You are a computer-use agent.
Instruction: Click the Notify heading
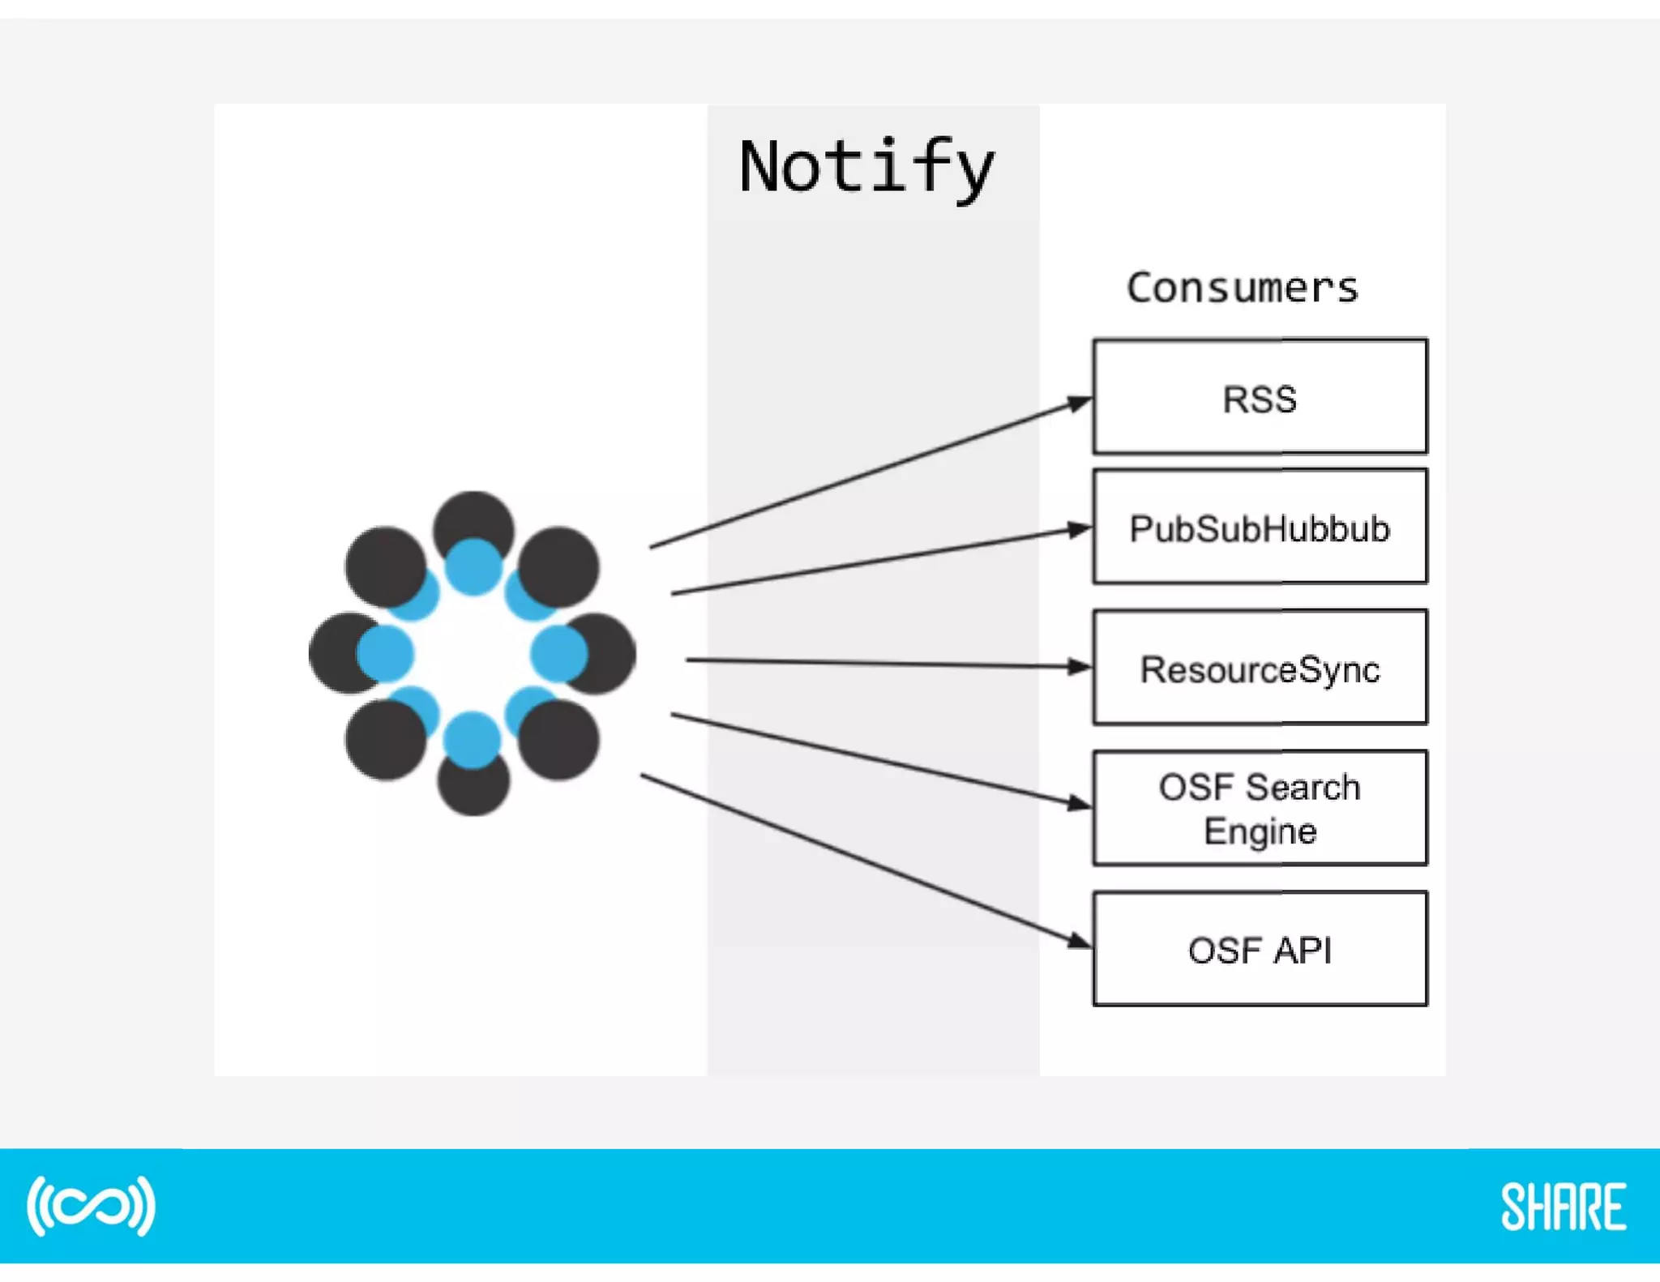coord(866,168)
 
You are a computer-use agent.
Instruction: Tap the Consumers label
coord(1242,288)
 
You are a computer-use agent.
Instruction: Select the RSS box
coord(1260,397)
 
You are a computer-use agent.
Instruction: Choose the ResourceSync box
coord(1260,668)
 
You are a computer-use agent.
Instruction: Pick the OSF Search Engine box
coord(1260,808)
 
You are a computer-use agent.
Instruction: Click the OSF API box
coord(1260,949)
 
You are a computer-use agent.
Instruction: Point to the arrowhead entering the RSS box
coord(1080,403)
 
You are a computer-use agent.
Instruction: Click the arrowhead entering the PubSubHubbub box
coord(1080,530)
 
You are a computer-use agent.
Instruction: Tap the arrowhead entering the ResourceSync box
coord(1080,667)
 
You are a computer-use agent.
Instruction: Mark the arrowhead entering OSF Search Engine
coord(1080,803)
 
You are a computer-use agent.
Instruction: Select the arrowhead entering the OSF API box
coord(1080,940)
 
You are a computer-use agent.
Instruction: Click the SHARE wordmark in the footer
coord(1563,1207)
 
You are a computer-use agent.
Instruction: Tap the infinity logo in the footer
coord(91,1206)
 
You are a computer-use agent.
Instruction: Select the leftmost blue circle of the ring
coord(386,653)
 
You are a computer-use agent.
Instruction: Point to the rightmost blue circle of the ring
coord(558,653)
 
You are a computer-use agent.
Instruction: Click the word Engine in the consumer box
coord(1260,831)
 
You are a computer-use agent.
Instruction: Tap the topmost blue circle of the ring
coord(473,566)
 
